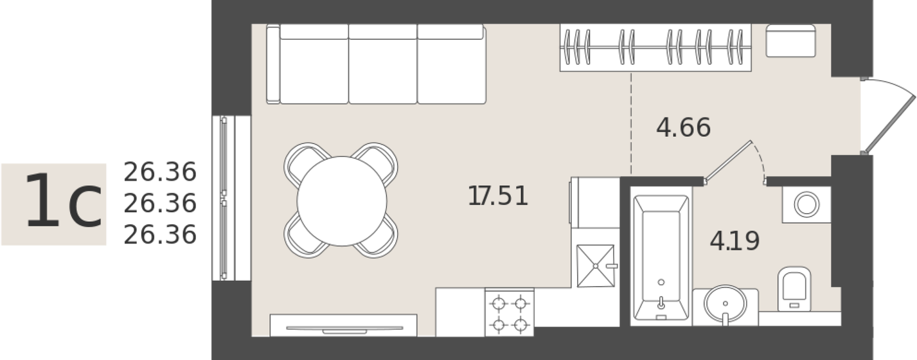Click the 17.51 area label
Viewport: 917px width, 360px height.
click(x=498, y=196)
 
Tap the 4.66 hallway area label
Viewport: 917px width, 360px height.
click(x=683, y=127)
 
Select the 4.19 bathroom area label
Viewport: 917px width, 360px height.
click(x=734, y=241)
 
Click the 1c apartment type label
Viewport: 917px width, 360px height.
click(x=63, y=201)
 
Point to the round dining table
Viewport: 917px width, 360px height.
click(x=342, y=201)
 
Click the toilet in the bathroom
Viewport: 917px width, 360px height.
click(x=794, y=289)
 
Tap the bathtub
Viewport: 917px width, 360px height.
click(x=661, y=257)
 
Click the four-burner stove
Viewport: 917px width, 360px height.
click(x=509, y=314)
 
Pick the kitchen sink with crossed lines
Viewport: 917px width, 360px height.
click(x=596, y=265)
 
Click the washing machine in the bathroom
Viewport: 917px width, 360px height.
click(x=806, y=204)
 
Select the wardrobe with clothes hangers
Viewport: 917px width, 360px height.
click(x=655, y=48)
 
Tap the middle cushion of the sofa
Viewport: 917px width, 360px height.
click(x=382, y=64)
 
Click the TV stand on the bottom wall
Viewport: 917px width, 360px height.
click(x=343, y=325)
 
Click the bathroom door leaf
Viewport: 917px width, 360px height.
click(x=728, y=161)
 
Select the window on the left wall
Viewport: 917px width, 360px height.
click(x=231, y=198)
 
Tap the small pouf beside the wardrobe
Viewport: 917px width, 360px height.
click(x=790, y=40)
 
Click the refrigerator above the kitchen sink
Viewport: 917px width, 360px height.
click(x=595, y=203)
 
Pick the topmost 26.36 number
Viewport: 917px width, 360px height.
click(x=160, y=172)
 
